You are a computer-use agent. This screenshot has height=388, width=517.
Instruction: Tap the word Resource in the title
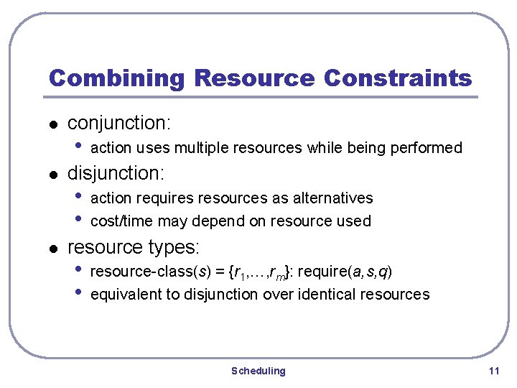pos(254,78)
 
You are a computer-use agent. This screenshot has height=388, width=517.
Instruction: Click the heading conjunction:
pos(118,123)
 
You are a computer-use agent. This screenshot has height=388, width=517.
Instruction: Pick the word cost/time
pos(122,221)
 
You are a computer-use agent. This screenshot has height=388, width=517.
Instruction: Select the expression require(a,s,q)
pos(345,272)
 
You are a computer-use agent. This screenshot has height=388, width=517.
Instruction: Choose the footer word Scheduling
pos(258,371)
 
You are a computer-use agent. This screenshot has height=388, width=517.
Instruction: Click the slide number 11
pos(493,371)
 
